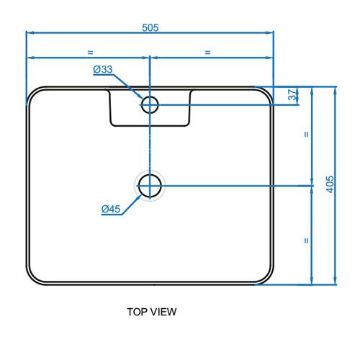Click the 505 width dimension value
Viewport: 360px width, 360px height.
(x=150, y=27)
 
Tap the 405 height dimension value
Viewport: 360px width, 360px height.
(x=330, y=184)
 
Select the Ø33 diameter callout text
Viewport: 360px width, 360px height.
(x=103, y=69)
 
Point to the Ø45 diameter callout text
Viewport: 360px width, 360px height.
(x=111, y=209)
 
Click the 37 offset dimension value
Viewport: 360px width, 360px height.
(x=292, y=95)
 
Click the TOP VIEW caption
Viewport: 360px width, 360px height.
(x=152, y=312)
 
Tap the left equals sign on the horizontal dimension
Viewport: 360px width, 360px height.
(x=90, y=53)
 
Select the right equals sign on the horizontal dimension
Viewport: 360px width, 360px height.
(x=208, y=53)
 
